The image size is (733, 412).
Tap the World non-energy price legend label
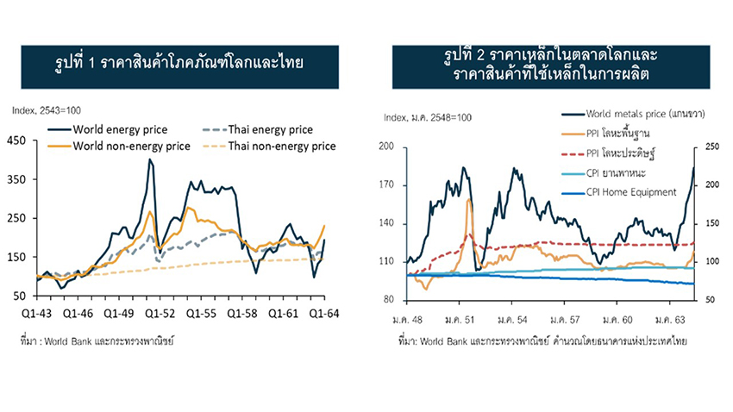pos(131,146)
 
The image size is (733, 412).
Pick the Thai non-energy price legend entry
pos(281,146)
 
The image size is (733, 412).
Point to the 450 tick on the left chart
pos(18,140)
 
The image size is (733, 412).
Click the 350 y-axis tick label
pos(18,179)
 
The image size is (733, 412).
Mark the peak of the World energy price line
pos(150,159)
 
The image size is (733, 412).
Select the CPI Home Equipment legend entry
pos(630,192)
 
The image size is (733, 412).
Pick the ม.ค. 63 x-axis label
pos(671,318)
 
